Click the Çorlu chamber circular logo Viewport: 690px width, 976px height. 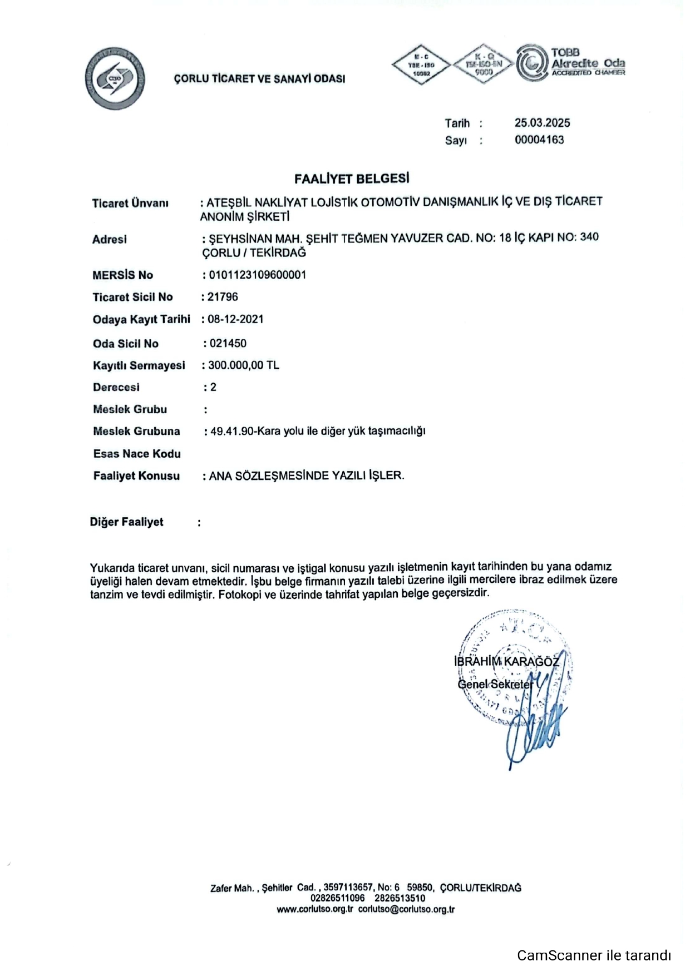tap(115, 79)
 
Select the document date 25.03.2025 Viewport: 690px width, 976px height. tap(542, 123)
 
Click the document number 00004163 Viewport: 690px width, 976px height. tap(539, 140)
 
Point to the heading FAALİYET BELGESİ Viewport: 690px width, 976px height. tap(352, 179)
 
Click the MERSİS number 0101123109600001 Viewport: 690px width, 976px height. tap(257, 275)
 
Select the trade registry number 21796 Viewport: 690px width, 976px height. tap(223, 297)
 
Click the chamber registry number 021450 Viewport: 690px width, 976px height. tap(228, 343)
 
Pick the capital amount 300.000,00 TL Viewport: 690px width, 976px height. tap(243, 365)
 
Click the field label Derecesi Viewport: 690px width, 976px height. tap(116, 387)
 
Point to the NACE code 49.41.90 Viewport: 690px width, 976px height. tap(232, 431)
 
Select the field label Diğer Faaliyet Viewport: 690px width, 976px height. tap(127, 522)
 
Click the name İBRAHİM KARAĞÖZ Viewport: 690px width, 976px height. tap(506, 661)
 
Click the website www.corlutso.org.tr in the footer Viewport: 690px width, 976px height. tap(315, 909)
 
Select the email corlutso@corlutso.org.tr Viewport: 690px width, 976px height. tap(406, 909)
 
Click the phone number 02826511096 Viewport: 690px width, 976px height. tap(338, 898)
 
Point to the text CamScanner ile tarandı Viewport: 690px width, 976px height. tap(594, 955)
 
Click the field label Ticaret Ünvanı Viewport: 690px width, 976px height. tap(130, 204)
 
